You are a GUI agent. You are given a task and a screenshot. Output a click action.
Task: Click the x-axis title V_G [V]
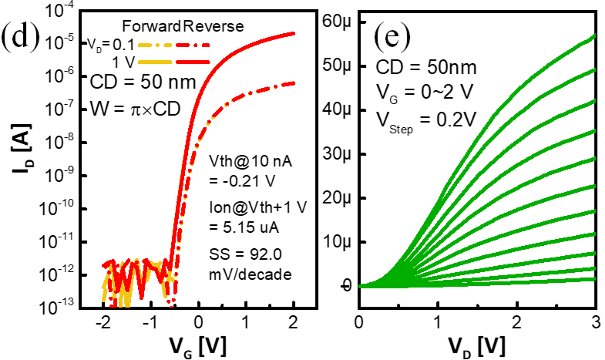coord(198,339)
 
